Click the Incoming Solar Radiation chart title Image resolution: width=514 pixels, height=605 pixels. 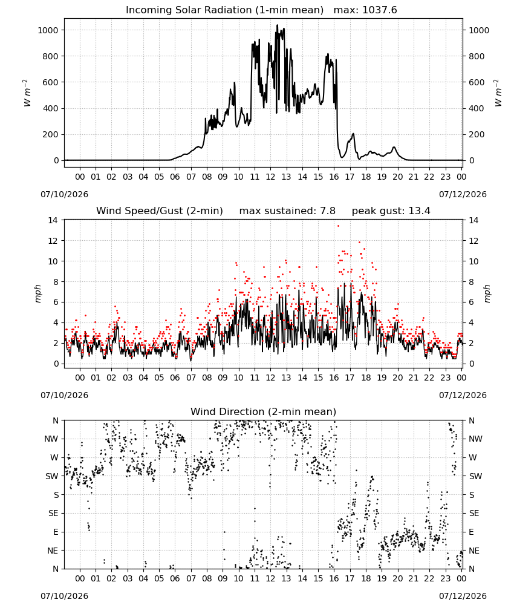(x=224, y=10)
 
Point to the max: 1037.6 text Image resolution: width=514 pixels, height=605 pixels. (x=365, y=10)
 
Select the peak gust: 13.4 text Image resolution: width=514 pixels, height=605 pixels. (x=391, y=211)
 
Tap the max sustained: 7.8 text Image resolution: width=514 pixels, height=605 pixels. (x=287, y=211)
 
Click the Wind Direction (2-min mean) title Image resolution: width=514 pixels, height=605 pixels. (x=264, y=411)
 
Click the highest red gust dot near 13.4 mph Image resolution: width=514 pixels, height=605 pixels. (x=338, y=226)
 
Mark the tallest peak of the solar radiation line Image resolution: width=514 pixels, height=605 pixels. (x=277, y=25)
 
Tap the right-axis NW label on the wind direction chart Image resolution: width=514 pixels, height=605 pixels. (x=476, y=439)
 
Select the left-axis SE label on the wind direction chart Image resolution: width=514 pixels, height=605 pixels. (x=53, y=513)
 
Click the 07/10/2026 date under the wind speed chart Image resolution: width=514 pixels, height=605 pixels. (x=64, y=395)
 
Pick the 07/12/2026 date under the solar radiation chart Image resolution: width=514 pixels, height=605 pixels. (x=463, y=194)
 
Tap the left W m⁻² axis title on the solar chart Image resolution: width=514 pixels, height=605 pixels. (x=27, y=93)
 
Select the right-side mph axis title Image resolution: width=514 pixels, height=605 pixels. (x=487, y=293)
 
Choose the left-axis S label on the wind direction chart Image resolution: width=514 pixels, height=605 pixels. (x=56, y=495)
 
